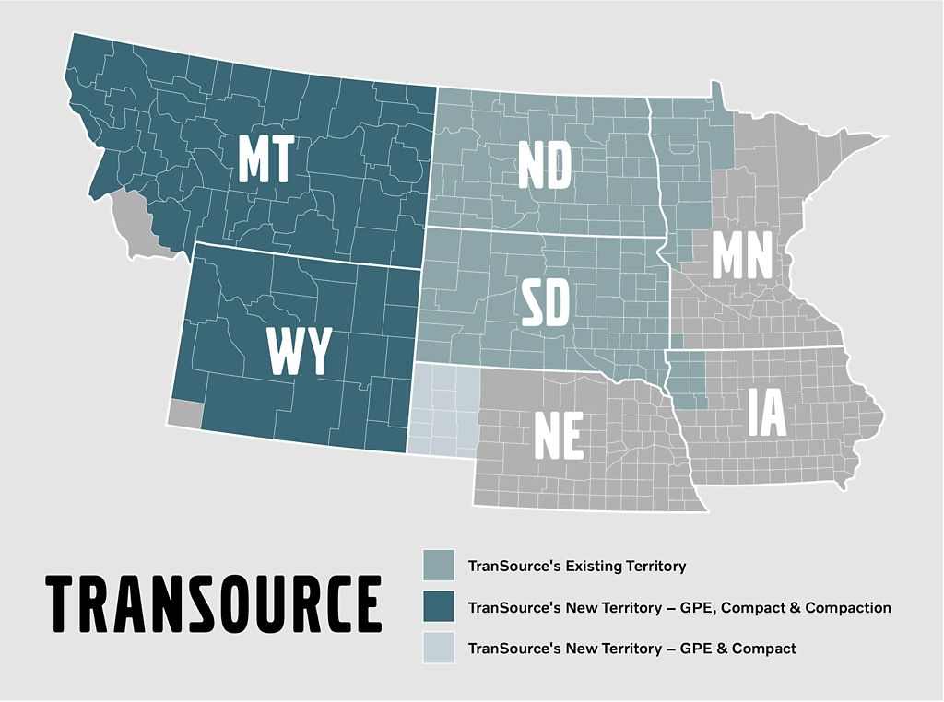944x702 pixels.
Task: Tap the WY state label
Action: [x=298, y=350]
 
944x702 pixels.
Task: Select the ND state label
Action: [x=545, y=166]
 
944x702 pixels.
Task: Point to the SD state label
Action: [x=545, y=305]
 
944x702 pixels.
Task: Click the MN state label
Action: [x=741, y=257]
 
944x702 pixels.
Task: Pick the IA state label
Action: [x=767, y=412]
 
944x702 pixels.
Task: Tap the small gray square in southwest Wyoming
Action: [x=185, y=414]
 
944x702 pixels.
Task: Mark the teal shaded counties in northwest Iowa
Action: [x=688, y=381]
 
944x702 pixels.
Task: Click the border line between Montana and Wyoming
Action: [x=304, y=255]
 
